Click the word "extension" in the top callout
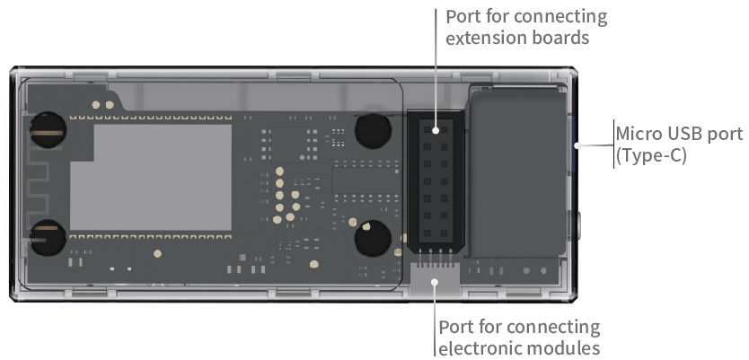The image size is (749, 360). coord(481,39)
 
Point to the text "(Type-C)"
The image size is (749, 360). coord(650,155)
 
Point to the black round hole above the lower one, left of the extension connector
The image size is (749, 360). coord(372,130)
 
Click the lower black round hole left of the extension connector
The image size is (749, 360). coord(371,240)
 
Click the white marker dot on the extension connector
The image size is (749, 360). coord(436,130)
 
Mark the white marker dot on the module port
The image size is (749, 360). coord(436,281)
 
